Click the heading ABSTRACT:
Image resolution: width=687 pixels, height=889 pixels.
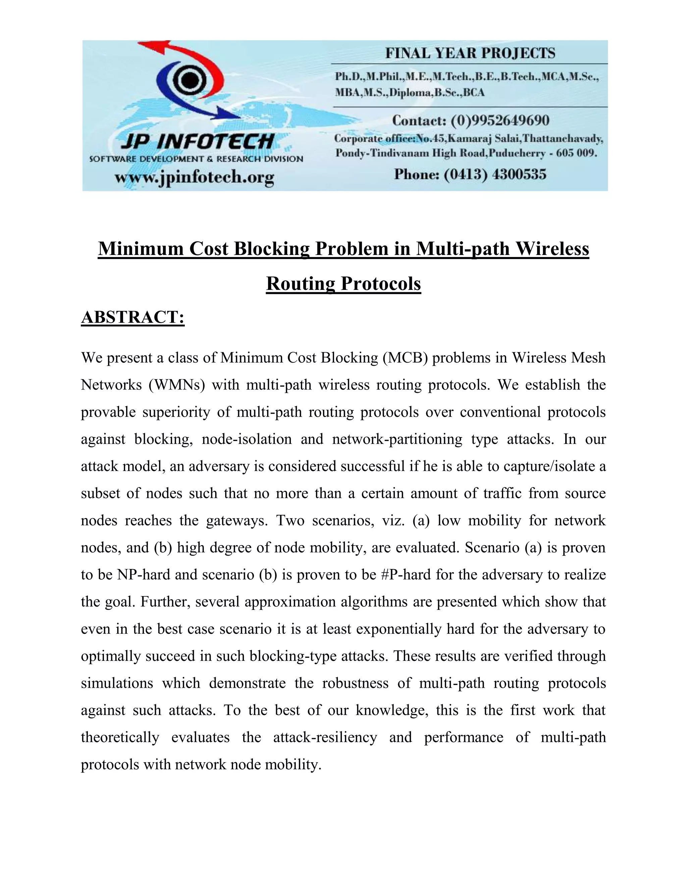133,317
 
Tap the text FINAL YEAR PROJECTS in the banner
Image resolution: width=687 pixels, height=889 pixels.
470,53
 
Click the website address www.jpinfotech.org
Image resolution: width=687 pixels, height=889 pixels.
194,177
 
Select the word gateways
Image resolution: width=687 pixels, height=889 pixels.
236,521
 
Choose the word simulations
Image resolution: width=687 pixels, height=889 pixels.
117,683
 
